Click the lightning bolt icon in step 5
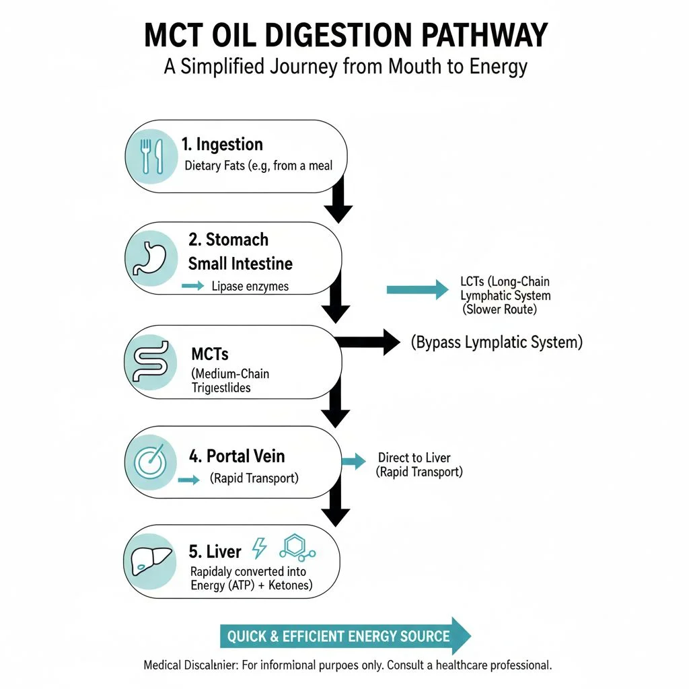click(259, 548)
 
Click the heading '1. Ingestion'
click(222, 145)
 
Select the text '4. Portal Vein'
click(237, 456)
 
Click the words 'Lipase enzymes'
click(250, 287)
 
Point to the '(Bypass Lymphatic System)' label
click(497, 342)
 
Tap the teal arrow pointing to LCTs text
click(417, 289)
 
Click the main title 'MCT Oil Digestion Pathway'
click(344, 35)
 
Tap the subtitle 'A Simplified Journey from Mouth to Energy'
click(344, 67)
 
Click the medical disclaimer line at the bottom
click(347, 665)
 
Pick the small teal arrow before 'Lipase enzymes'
click(192, 287)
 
